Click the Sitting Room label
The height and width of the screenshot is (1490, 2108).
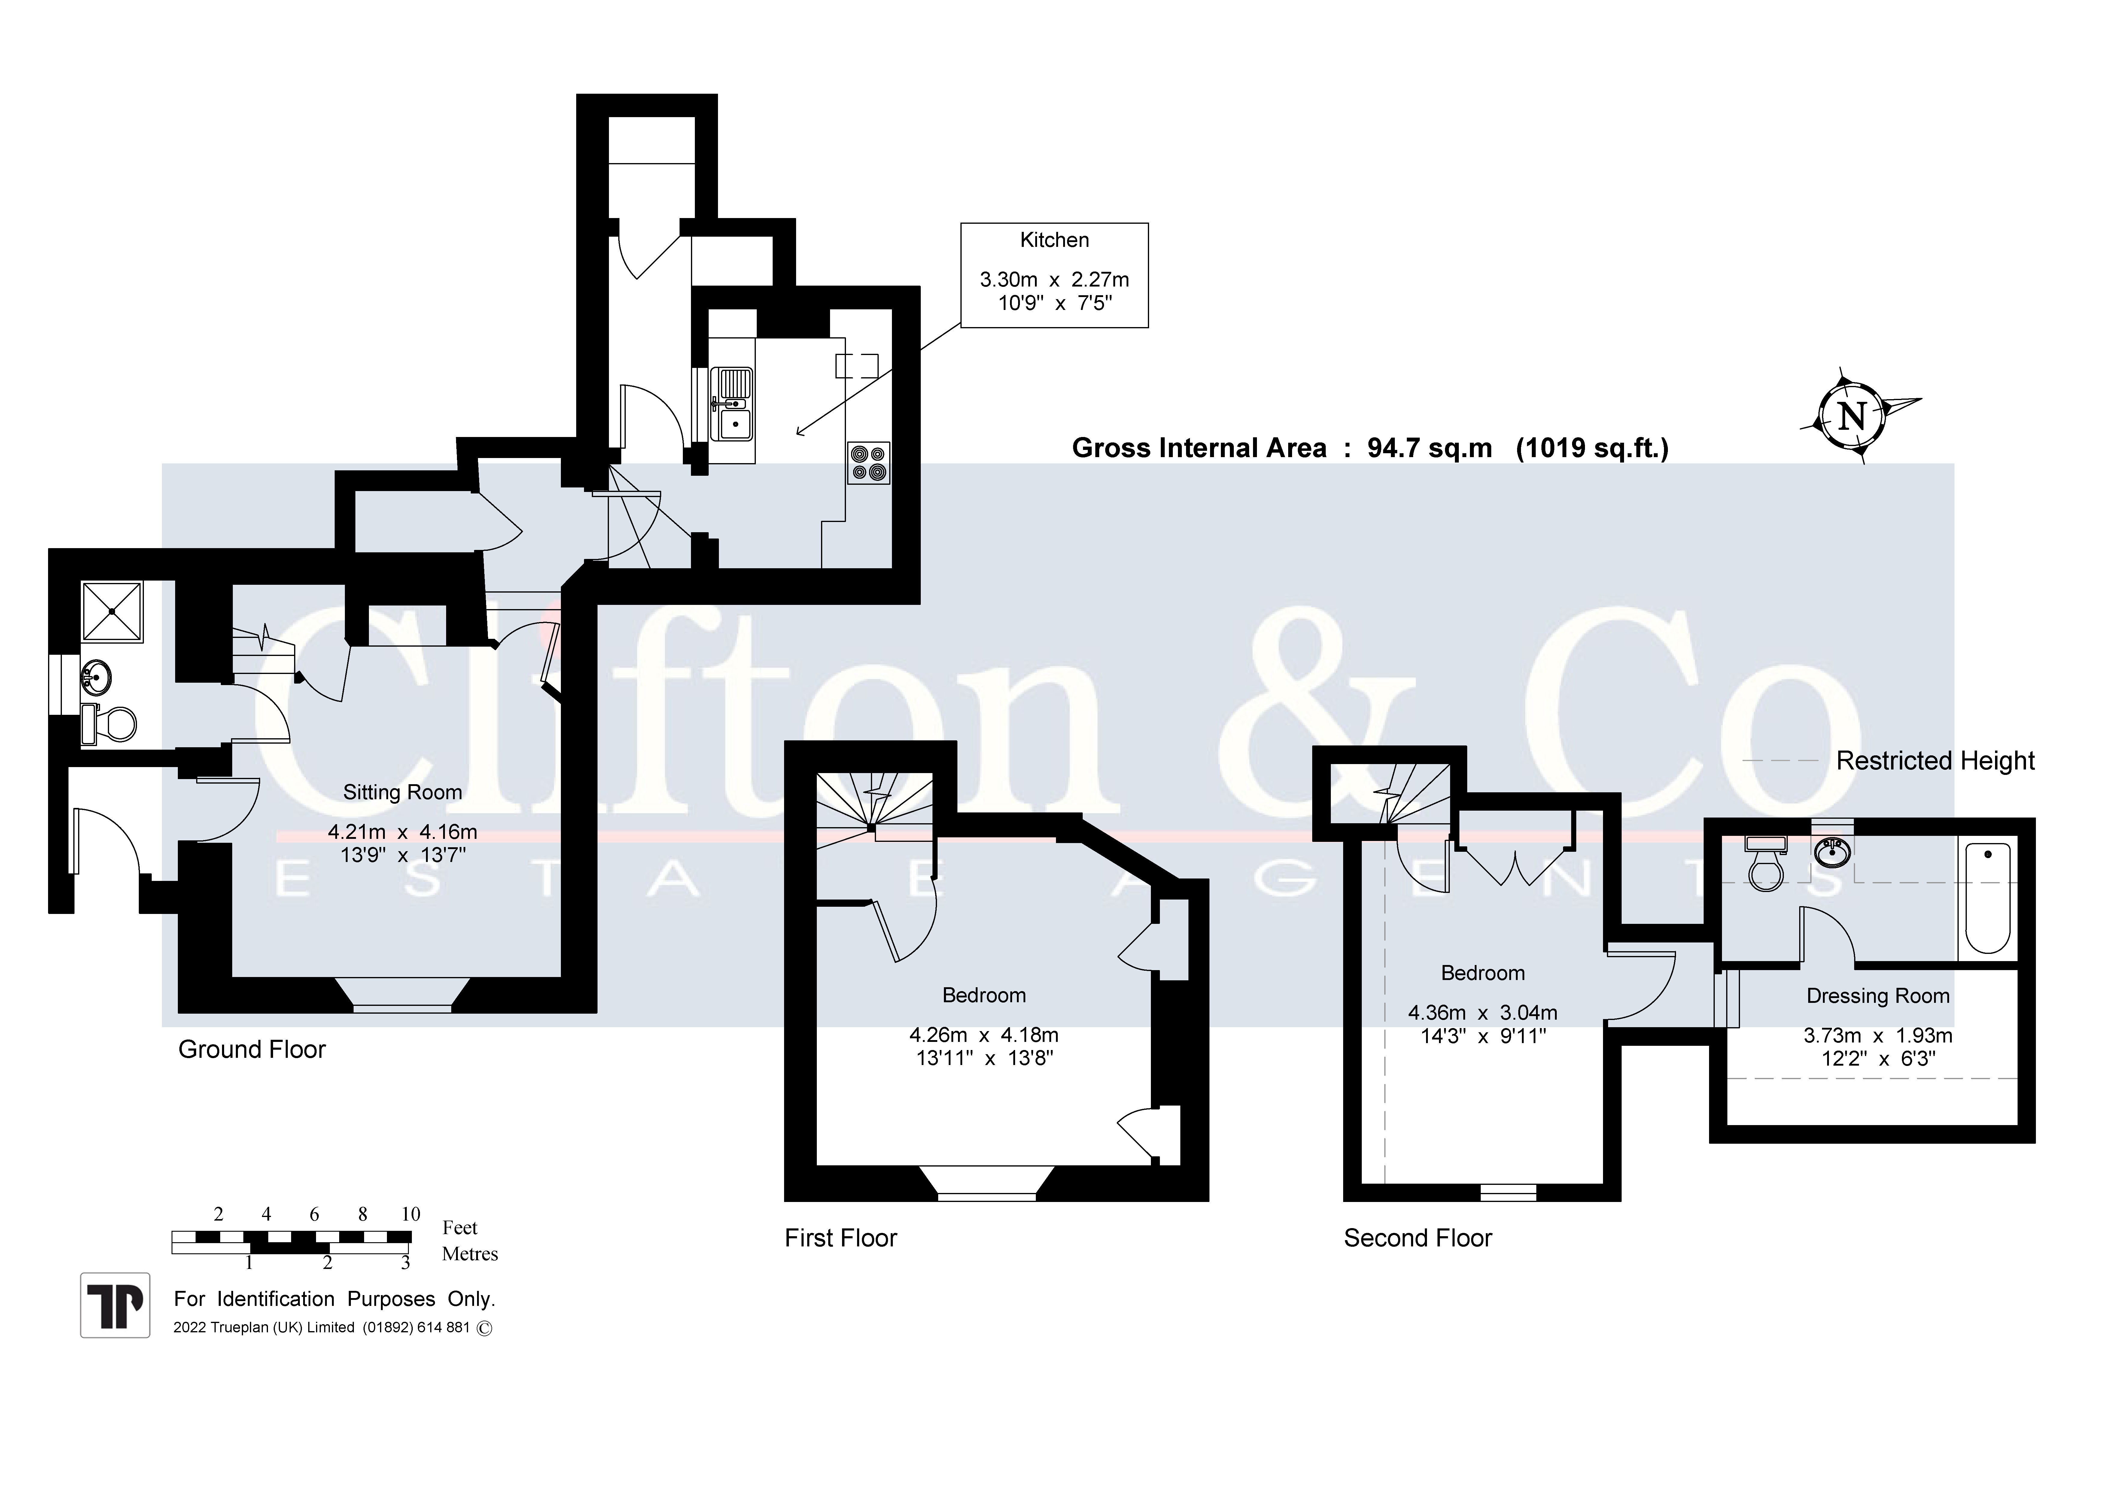[x=402, y=792]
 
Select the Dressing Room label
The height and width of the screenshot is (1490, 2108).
[x=1878, y=996]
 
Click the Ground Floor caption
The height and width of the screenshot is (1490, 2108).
[x=251, y=1049]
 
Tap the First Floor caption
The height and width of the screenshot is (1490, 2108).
[x=840, y=1238]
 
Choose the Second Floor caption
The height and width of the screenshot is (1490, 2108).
[x=1418, y=1238]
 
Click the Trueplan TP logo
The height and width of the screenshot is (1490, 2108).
[x=115, y=1305]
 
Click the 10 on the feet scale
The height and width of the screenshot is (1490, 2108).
[x=410, y=1214]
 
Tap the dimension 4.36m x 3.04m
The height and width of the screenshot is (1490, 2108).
[x=1483, y=1013]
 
